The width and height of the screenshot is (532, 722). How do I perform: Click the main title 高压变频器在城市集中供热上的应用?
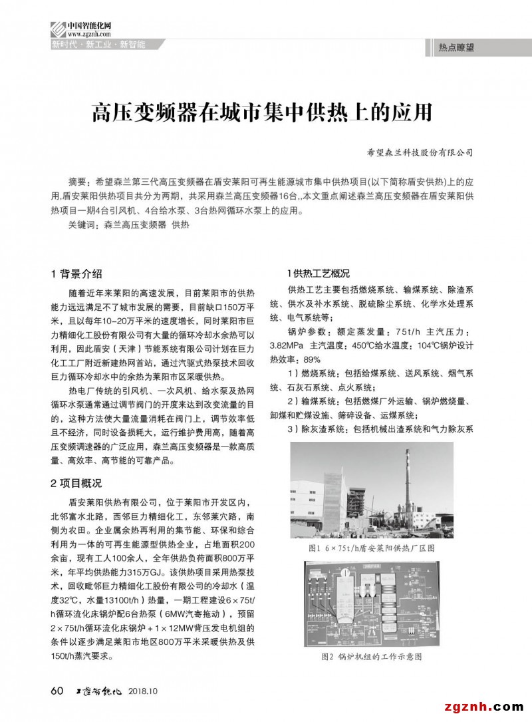click(262, 112)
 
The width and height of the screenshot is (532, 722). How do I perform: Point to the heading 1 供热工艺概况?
click(318, 273)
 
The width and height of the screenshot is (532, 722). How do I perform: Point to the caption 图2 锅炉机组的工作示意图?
click(372, 656)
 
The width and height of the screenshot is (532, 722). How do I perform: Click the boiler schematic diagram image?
click(371, 604)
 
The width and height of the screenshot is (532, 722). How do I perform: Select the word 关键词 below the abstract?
click(81, 226)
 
